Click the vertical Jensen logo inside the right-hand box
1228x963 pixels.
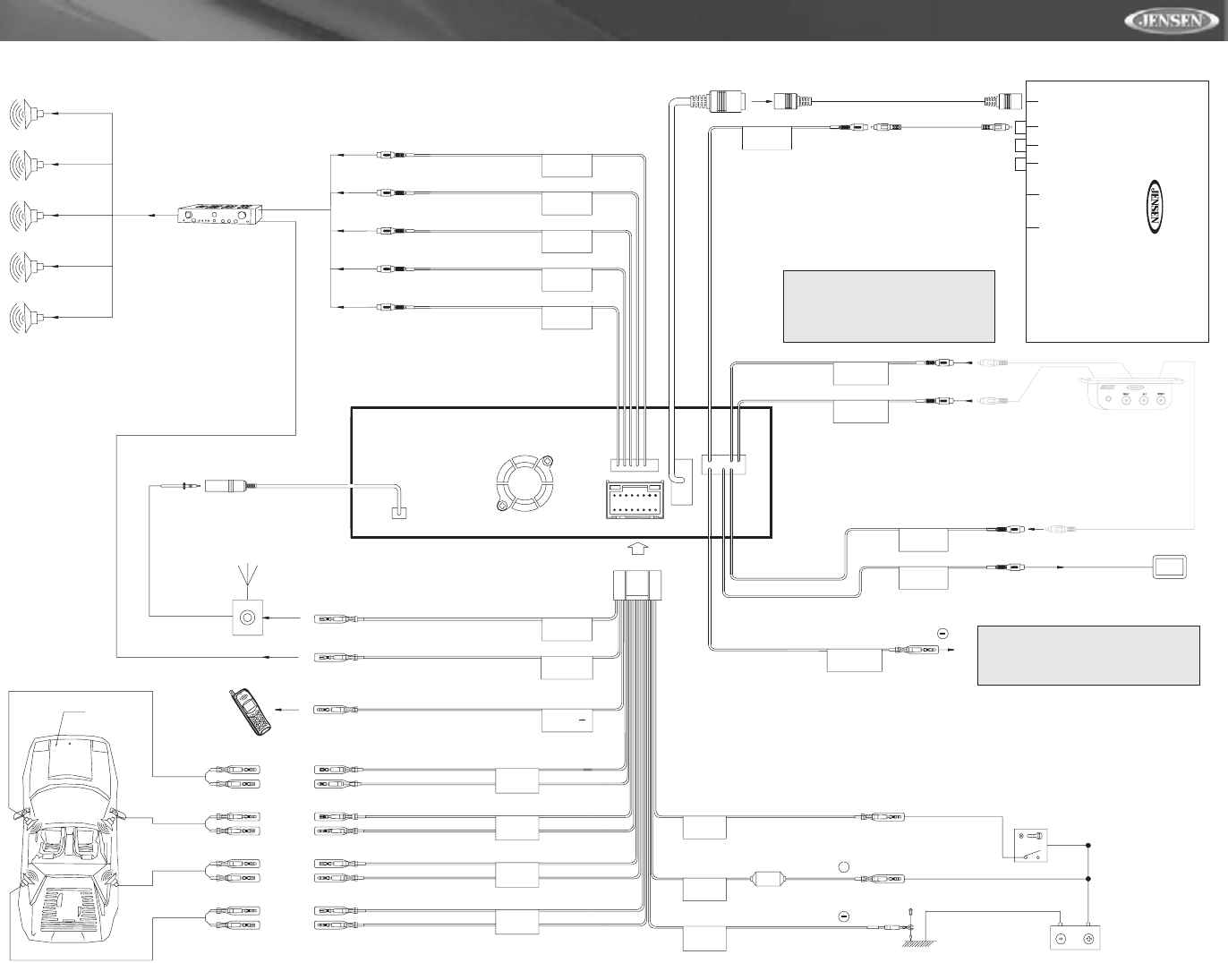1154,208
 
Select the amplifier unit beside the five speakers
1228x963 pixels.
219,216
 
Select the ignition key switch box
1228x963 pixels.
1029,846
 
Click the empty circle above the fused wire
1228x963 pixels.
842,866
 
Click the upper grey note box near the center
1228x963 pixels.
889,306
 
